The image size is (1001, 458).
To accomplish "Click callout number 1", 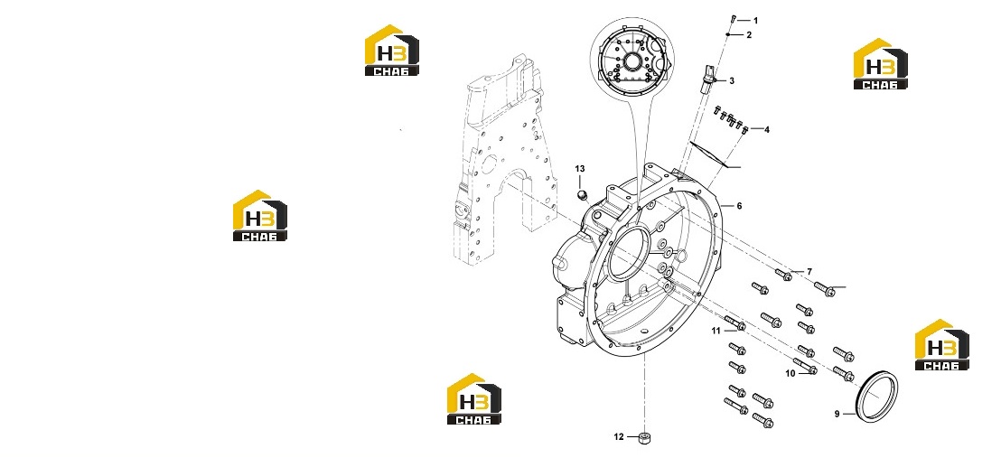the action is (x=756, y=21).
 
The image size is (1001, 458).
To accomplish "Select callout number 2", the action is (x=750, y=35).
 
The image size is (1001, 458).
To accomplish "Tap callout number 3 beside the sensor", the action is (x=732, y=81).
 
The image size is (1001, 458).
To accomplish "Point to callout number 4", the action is (x=767, y=130).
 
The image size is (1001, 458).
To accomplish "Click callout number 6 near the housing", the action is (x=739, y=206).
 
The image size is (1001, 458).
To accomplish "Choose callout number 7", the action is (x=809, y=272).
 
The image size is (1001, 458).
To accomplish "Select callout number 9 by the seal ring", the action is (x=837, y=414).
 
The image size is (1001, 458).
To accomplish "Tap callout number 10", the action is (x=791, y=374).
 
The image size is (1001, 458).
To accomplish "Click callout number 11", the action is (x=716, y=331).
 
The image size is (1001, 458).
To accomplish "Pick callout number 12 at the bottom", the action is (x=619, y=437).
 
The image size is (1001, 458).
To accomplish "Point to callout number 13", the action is (x=580, y=169).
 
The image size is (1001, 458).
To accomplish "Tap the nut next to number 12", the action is (x=644, y=438).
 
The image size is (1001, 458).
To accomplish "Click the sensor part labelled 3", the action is (x=707, y=75).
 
